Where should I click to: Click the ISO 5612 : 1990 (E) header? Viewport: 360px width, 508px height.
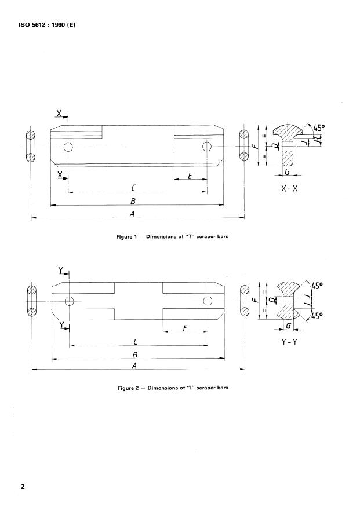point(47,25)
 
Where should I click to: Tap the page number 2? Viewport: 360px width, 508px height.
point(23,487)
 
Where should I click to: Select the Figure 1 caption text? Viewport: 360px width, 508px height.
point(172,236)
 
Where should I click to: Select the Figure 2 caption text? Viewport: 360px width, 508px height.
point(173,388)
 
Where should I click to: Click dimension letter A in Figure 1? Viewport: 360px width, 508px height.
point(132,214)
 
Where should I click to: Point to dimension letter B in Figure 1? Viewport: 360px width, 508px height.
point(133,201)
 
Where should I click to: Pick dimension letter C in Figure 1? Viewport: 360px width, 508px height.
point(133,188)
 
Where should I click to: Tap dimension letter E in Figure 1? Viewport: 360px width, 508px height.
point(190,176)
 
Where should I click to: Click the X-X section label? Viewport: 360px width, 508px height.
point(289,189)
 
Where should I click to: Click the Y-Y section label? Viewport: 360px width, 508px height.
point(289,342)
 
